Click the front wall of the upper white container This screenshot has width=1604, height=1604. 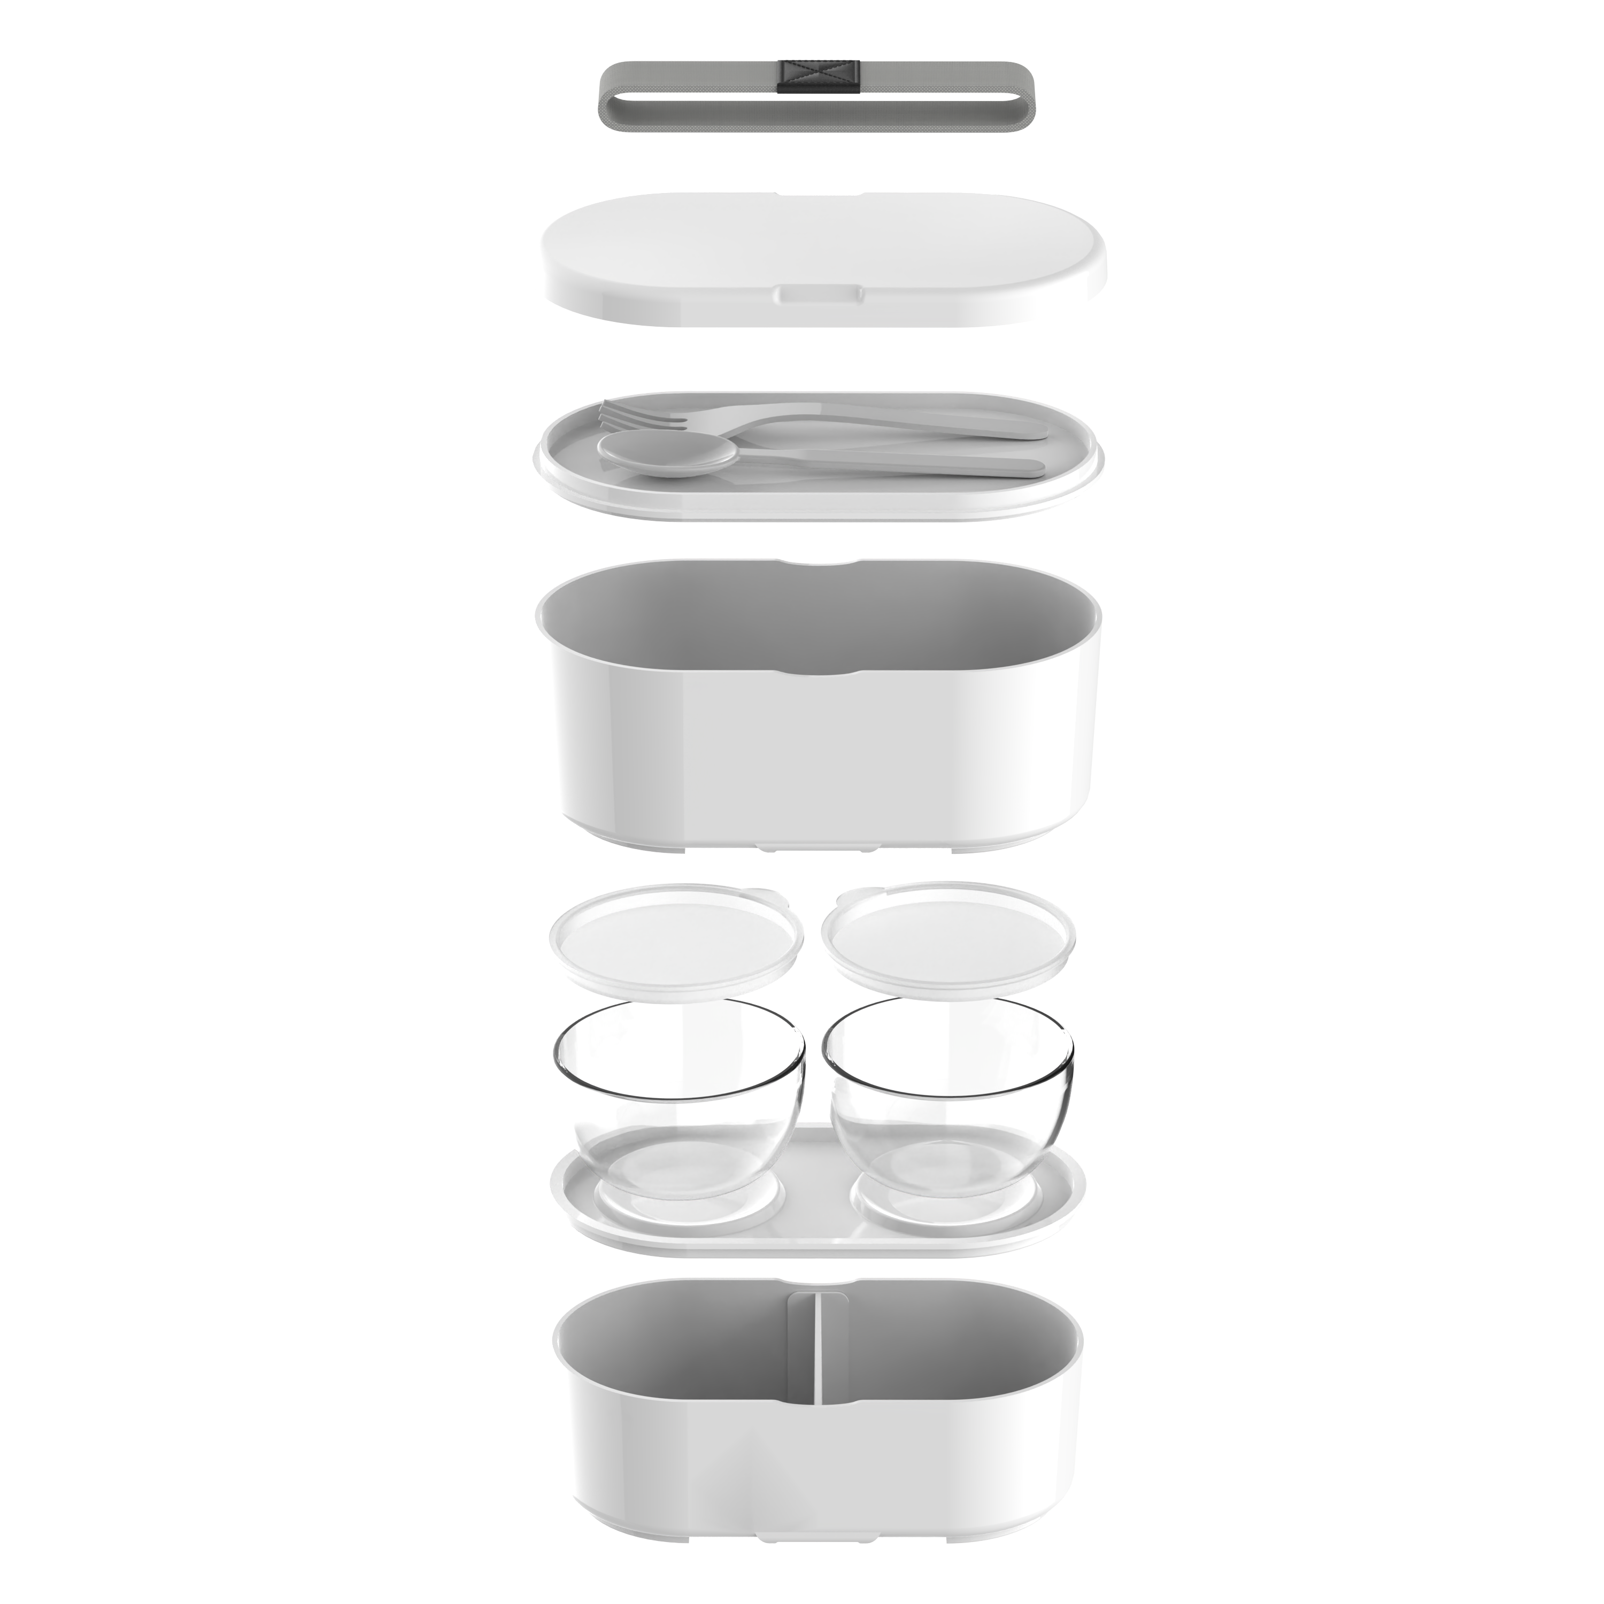(x=818, y=747)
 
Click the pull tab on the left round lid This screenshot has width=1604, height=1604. (x=768, y=897)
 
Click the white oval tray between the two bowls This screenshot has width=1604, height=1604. (x=818, y=1196)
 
